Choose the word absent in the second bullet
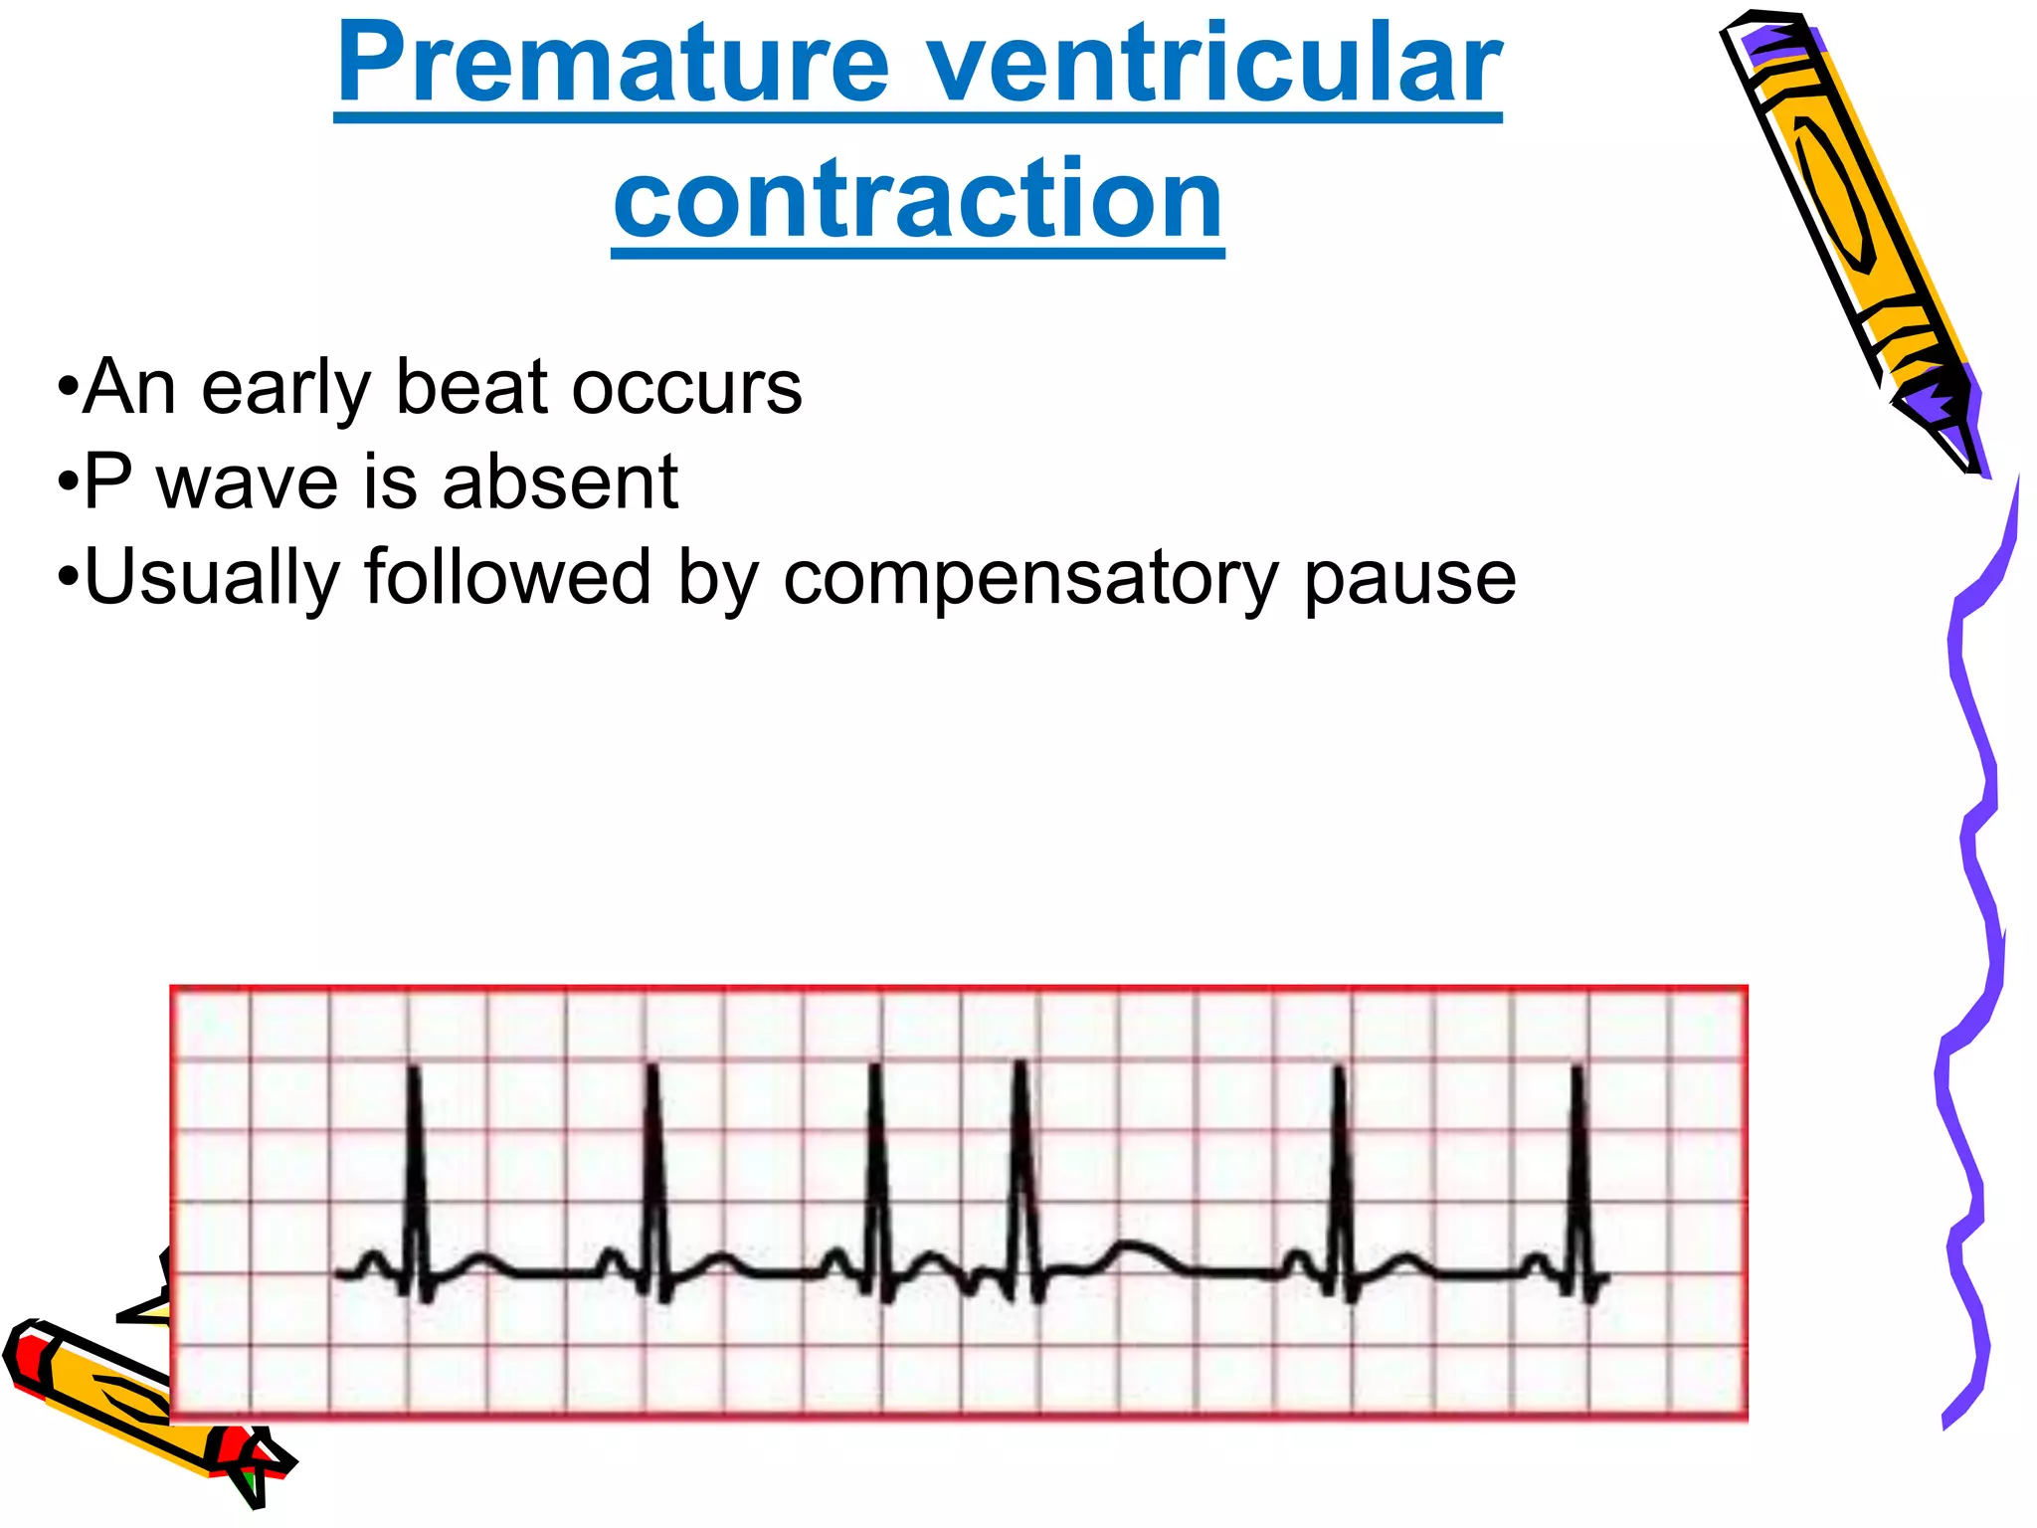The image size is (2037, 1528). point(560,482)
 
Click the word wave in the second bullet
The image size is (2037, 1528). point(248,482)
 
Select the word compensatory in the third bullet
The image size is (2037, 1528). point(1030,577)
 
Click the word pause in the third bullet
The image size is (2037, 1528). point(1409,577)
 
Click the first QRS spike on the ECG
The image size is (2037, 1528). point(414,1174)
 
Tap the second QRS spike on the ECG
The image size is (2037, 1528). point(653,1174)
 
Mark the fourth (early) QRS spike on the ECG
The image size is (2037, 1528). point(1021,1174)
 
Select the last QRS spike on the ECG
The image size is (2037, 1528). point(1577,1174)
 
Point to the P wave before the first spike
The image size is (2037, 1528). point(374,1260)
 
